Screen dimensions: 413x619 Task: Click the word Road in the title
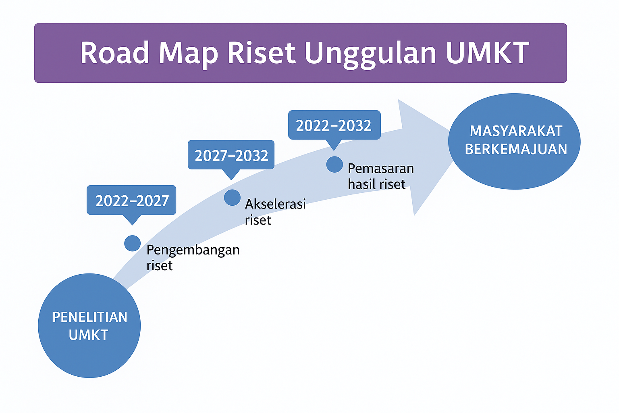(x=115, y=53)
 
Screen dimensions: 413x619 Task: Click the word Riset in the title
(x=261, y=53)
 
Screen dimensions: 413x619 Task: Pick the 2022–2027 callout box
(x=131, y=200)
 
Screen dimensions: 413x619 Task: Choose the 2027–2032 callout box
(x=231, y=155)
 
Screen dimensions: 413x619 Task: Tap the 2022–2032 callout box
(x=334, y=125)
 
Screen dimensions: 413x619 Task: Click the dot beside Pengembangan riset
(x=132, y=243)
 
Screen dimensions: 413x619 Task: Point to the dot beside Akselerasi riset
(x=232, y=198)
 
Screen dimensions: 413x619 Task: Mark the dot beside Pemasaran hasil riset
(x=334, y=165)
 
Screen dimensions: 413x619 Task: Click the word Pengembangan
(x=193, y=250)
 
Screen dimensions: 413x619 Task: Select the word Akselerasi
(x=275, y=204)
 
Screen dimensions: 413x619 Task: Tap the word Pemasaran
(x=381, y=168)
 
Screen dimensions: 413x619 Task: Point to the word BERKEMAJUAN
(x=516, y=149)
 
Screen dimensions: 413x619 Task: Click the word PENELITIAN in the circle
(x=90, y=317)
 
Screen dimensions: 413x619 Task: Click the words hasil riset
(x=376, y=184)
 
